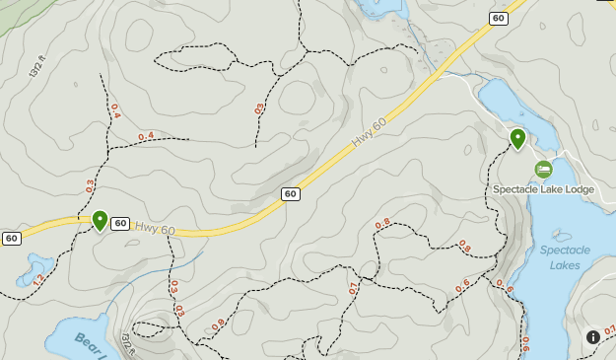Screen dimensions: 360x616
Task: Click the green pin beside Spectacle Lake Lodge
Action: pos(517,139)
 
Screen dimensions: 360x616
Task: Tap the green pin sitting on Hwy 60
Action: pos(100,220)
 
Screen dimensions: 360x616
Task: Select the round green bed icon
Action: pos(543,170)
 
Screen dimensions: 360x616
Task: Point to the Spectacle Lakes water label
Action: pos(565,256)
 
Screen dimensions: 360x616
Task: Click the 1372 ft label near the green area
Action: pos(38,67)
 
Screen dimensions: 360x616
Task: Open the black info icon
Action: pos(593,336)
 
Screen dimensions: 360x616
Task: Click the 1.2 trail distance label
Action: pos(37,280)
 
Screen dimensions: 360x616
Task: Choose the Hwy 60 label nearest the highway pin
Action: pos(155,229)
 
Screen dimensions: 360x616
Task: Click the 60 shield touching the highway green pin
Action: pos(119,224)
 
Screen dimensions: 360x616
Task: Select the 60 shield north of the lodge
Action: pos(498,18)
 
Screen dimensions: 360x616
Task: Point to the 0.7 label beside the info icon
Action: pos(609,329)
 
